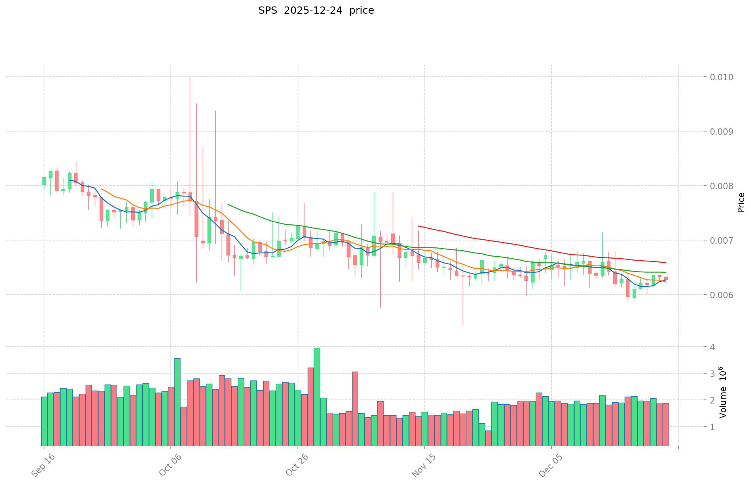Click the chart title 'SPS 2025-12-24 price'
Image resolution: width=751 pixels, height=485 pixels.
(316, 10)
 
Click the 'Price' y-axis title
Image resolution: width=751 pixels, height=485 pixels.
(741, 202)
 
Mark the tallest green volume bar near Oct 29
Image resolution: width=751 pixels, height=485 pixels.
(317, 395)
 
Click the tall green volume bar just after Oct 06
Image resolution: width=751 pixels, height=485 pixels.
(177, 401)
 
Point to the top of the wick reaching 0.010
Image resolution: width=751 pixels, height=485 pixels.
(190, 77)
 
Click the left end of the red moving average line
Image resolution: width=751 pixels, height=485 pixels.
(418, 226)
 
